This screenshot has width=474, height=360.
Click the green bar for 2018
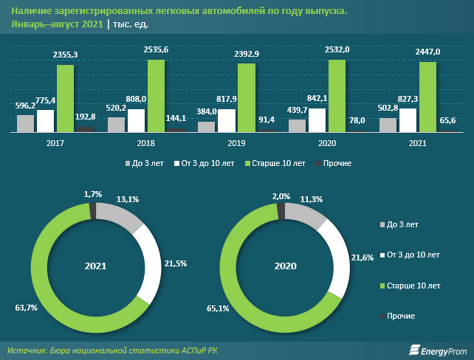click(156, 96)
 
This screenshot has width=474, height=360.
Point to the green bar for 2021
click(427, 97)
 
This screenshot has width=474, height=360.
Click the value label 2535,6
click(157, 49)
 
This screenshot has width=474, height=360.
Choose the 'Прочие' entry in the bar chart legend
click(336, 163)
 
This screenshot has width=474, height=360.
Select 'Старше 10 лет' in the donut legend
click(413, 285)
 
